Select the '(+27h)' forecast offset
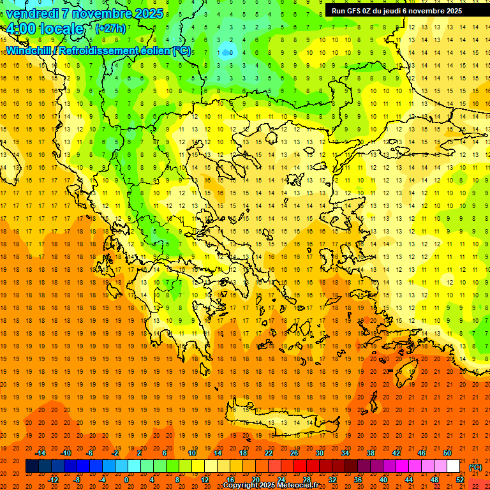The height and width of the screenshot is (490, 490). click(x=110, y=28)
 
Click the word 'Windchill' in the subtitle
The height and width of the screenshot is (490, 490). click(x=29, y=50)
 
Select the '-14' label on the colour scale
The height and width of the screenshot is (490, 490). click(x=41, y=453)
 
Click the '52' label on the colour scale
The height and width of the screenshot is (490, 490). click(x=460, y=480)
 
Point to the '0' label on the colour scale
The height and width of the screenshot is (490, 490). click(x=126, y=480)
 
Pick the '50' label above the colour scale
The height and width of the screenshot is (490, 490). click(x=447, y=453)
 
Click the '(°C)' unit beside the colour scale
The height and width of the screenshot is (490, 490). click(x=475, y=467)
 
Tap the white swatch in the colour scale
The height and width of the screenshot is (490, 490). click(x=454, y=466)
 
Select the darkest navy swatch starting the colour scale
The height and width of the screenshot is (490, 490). click(x=32, y=466)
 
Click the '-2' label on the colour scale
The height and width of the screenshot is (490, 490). click(x=115, y=453)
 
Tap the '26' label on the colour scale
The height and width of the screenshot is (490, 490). click(x=293, y=453)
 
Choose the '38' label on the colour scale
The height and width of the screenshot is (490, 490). click(x=371, y=453)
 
